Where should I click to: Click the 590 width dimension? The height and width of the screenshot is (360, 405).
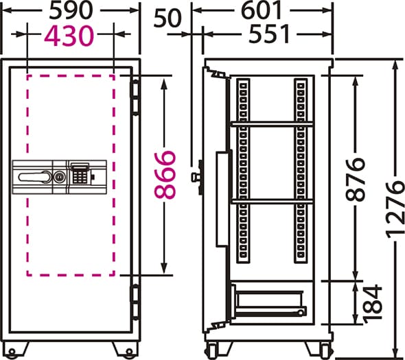coord(71,10)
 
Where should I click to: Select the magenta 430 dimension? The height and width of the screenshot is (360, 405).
coord(69,36)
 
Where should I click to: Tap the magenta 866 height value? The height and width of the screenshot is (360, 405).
coord(165,176)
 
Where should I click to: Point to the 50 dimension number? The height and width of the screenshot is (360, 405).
coord(167,18)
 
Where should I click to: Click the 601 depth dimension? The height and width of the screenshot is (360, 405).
coord(261,10)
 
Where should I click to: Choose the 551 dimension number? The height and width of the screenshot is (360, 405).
coord(269,34)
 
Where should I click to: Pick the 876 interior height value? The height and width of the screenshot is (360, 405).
coord(356,180)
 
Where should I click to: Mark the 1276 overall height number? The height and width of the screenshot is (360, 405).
coord(395,208)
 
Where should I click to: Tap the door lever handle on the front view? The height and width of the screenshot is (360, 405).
coord(34,177)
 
